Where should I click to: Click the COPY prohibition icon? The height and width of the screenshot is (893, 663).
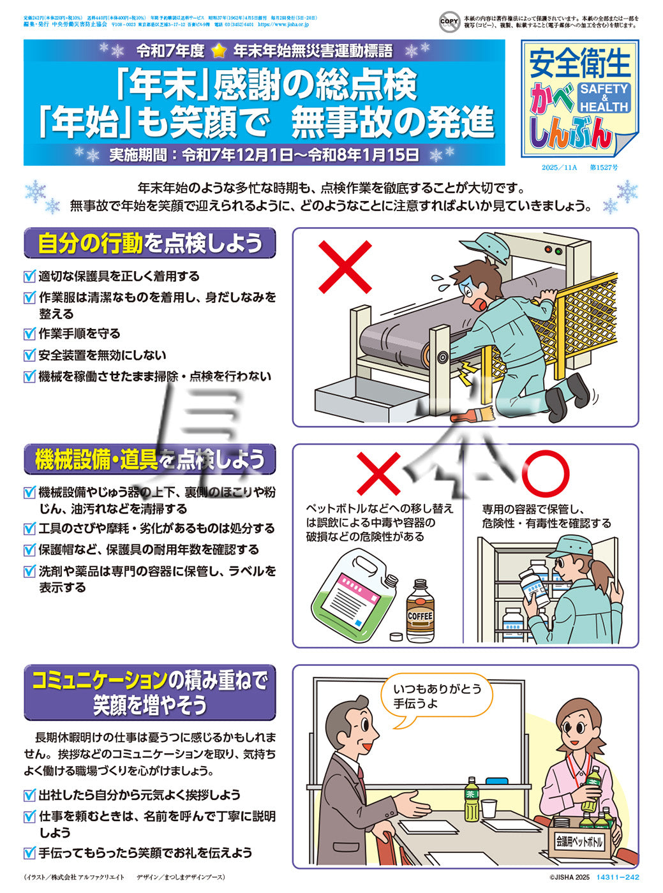449,22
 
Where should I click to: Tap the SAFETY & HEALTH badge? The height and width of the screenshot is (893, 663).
604,98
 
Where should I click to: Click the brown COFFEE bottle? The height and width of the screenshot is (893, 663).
420,610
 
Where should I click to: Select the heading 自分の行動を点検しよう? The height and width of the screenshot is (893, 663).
150,243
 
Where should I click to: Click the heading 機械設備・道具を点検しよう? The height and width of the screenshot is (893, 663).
150,459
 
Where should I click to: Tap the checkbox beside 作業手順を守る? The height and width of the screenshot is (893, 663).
29,334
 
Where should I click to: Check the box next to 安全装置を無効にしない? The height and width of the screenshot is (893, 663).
29,355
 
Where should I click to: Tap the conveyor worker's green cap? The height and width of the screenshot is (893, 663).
484,244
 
